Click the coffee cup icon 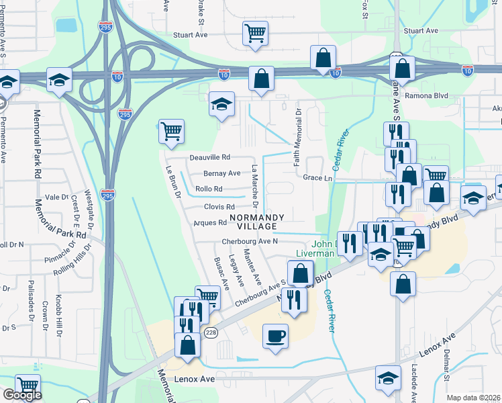pos(275,336)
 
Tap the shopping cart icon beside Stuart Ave pos(255,33)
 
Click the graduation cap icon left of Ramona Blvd pos(221,104)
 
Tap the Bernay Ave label pos(222,173)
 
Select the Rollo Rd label pos(208,189)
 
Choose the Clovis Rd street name pos(219,207)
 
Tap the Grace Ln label pos(317,178)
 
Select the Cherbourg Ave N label pos(250,242)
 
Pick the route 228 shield pos(211,332)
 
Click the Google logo pos(21,395)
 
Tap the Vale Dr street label pos(56,197)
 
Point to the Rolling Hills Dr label pos(69,268)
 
